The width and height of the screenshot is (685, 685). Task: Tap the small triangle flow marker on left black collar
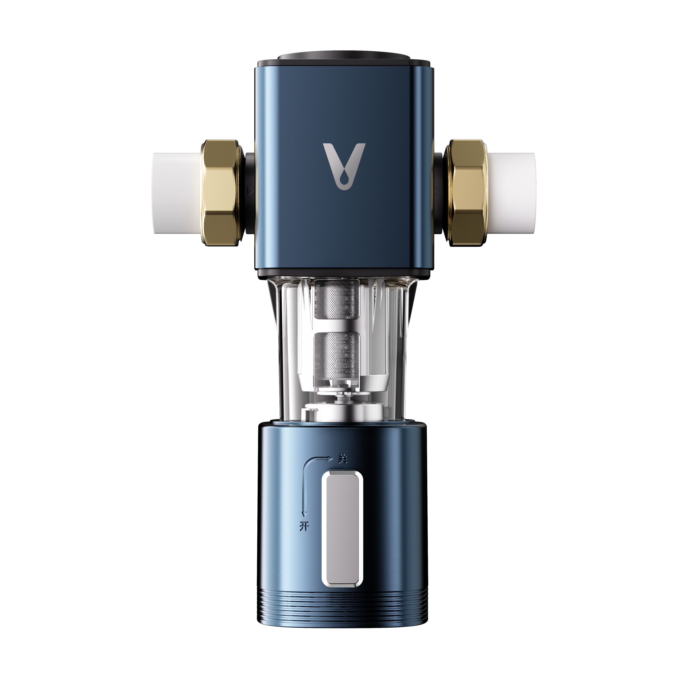tap(250, 191)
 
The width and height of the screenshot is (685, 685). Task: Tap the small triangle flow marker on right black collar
tap(438, 191)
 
